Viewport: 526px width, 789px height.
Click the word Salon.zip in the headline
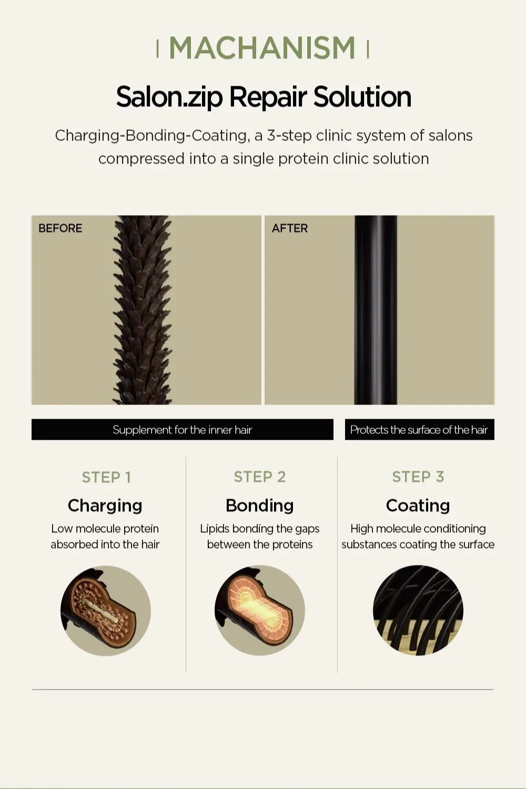(169, 97)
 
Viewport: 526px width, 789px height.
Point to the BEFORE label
(60, 228)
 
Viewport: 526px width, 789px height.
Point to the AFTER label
(290, 228)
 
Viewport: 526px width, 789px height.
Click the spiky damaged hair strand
(143, 310)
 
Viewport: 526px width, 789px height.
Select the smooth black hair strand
(376, 310)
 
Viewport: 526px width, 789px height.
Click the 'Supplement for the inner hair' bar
(183, 429)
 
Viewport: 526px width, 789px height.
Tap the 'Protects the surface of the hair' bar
(420, 429)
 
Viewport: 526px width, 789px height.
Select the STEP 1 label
(106, 478)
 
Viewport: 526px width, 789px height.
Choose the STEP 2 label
(260, 477)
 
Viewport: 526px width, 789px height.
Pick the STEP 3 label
(418, 477)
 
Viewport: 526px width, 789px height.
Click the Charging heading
(105, 506)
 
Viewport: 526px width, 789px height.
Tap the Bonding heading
(260, 506)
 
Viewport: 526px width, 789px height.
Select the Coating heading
(418, 506)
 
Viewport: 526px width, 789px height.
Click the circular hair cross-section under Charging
(106, 610)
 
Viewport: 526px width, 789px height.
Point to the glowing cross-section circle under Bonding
(260, 610)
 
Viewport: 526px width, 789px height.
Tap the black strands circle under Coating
(418, 610)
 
